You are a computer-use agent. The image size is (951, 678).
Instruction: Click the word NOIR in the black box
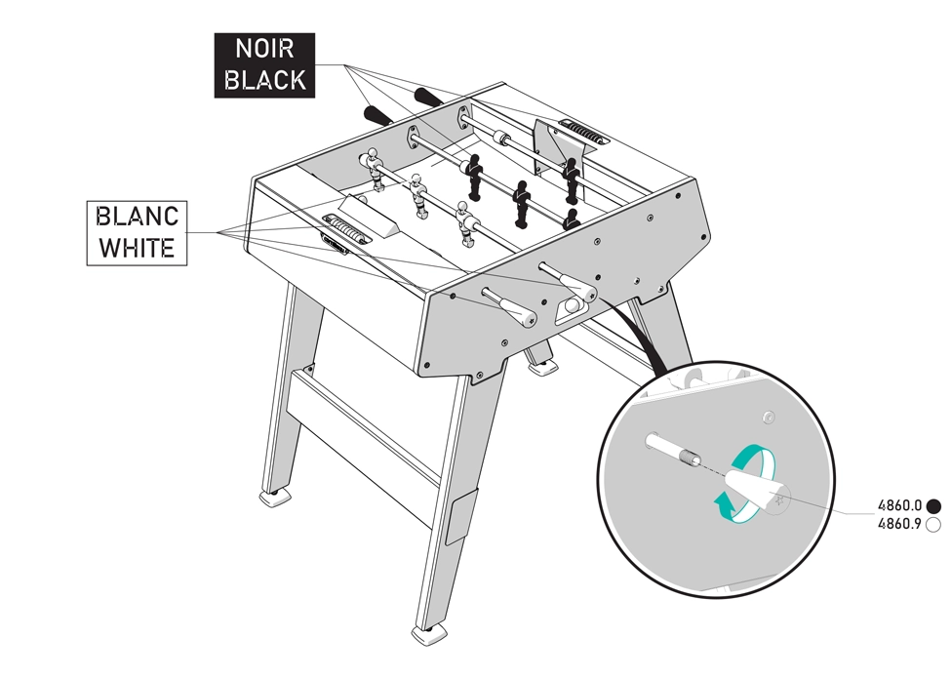pyautogui.click(x=264, y=49)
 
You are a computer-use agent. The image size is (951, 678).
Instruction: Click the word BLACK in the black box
pyautogui.click(x=264, y=80)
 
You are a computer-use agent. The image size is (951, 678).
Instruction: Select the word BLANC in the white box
pyautogui.click(x=138, y=217)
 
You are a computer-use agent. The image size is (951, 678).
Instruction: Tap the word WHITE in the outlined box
pyautogui.click(x=138, y=248)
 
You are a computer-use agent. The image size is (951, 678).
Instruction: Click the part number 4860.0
pyautogui.click(x=900, y=505)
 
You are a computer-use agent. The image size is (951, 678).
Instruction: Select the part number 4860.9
pyautogui.click(x=900, y=523)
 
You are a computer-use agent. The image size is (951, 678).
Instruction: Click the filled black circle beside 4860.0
pyautogui.click(x=934, y=505)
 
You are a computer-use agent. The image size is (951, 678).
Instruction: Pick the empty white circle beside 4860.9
pyautogui.click(x=934, y=524)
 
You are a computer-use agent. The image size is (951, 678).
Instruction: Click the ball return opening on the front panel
pyautogui.click(x=571, y=307)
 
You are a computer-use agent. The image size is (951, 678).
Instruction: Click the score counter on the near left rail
pyautogui.click(x=344, y=231)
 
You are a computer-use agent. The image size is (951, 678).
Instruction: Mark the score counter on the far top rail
pyautogui.click(x=583, y=133)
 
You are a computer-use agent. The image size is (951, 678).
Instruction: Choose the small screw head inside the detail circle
pyautogui.click(x=769, y=417)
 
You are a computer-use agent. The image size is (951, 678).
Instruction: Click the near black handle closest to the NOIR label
pyautogui.click(x=378, y=115)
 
